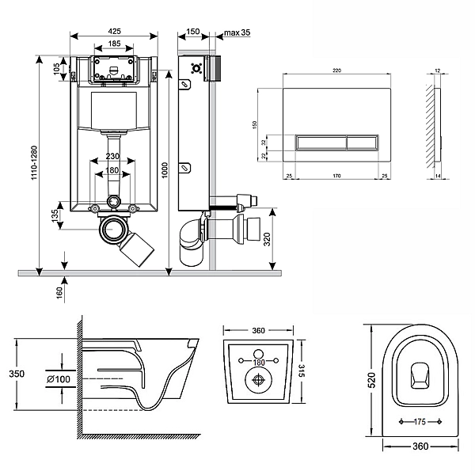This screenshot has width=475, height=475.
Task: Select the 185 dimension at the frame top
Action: tap(115, 44)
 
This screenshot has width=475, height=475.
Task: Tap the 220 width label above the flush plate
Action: tap(336, 70)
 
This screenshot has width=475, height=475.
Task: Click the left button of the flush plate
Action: tap(320, 143)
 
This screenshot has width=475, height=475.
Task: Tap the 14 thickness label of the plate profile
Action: tap(439, 175)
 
